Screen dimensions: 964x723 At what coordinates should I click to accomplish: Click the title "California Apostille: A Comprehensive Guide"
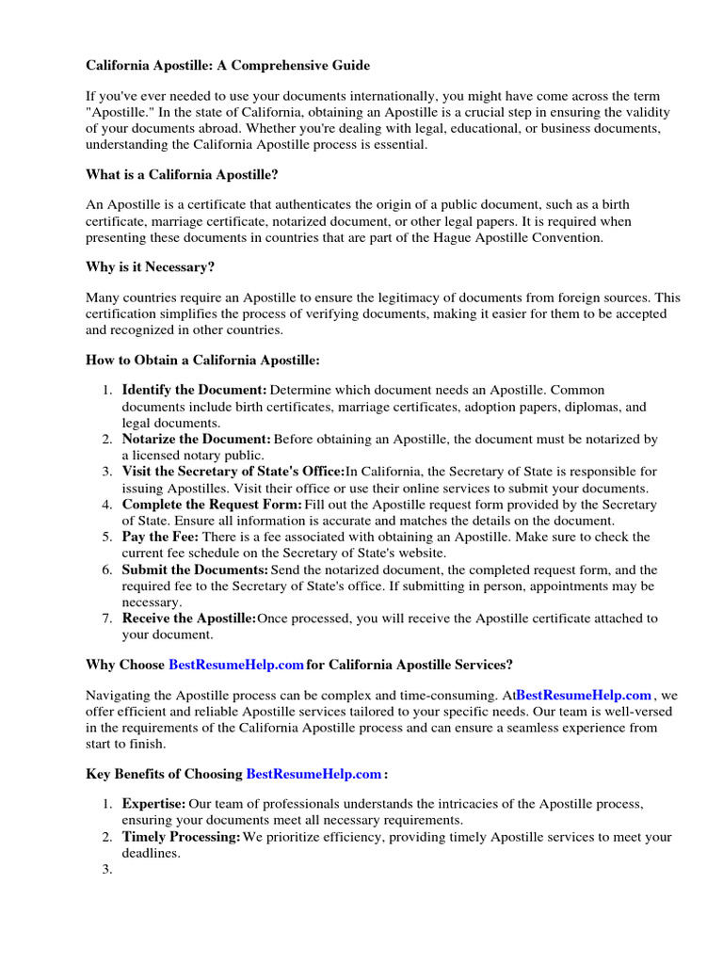coord(228,66)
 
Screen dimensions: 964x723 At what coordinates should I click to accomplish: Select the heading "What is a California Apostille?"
coord(183,174)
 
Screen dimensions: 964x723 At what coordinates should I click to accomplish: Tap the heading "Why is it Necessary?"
coord(151,266)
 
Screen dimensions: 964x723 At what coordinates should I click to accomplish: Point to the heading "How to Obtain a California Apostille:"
coord(203,360)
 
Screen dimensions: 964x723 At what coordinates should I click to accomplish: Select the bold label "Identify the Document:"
coord(194,390)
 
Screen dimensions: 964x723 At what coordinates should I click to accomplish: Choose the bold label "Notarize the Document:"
coord(196,440)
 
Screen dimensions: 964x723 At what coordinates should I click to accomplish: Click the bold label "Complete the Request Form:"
coord(212,505)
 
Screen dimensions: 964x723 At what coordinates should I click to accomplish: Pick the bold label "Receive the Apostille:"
coord(188,619)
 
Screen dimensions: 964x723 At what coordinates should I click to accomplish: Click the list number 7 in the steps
coord(106,619)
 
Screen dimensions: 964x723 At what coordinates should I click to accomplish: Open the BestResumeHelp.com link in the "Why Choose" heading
coord(236,665)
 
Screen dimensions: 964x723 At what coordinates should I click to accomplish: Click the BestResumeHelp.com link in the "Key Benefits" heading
coord(313,774)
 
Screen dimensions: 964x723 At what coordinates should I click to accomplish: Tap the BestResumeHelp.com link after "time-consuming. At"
coord(584,696)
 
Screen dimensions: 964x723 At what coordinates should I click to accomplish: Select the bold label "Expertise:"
coord(153,804)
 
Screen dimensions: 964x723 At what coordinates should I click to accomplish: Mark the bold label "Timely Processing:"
coord(181,837)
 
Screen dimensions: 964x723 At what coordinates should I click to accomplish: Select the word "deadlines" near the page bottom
coord(151,853)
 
